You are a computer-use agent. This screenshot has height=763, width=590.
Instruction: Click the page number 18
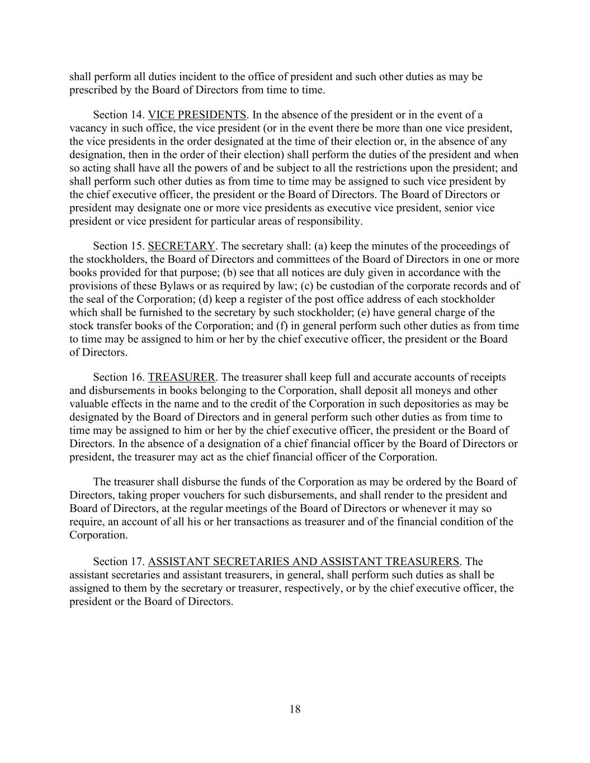point(295,709)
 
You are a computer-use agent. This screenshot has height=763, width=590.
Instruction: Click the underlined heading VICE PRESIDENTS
point(197,115)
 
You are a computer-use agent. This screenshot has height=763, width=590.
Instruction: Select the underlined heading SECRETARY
point(181,246)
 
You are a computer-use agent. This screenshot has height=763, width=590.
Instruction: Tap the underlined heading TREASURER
point(181,377)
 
